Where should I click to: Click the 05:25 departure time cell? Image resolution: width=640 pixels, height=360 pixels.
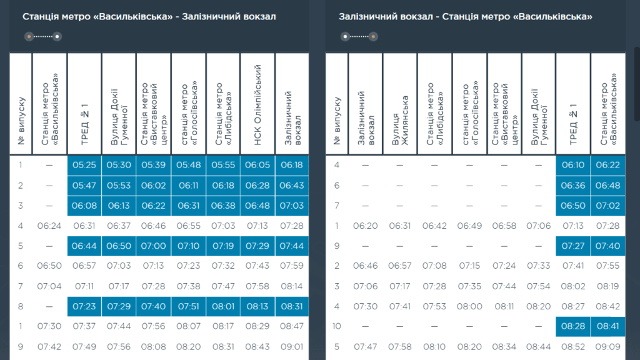click(84, 165)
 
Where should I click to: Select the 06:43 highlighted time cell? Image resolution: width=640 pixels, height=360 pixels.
click(292, 186)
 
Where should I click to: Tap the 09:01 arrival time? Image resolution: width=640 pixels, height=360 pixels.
click(292, 347)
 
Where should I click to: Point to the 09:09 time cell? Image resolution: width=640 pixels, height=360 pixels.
click(607, 347)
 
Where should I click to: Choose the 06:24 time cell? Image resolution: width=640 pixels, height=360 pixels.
click(49, 226)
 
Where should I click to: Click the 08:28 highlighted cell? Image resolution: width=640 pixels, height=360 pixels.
click(572, 326)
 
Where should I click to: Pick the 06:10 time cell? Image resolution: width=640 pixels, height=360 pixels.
click(572, 165)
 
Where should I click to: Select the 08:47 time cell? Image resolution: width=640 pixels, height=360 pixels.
click(292, 326)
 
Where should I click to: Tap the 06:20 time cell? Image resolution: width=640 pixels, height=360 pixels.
click(365, 226)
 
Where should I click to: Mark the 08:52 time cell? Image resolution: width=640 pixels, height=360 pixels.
click(572, 347)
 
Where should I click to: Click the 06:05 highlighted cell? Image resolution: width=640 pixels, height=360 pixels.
click(257, 165)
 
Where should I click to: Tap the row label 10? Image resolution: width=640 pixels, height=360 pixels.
click(336, 326)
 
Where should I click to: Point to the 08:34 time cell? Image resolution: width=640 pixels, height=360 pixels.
click(504, 347)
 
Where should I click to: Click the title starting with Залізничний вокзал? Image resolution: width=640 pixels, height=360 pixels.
click(466, 17)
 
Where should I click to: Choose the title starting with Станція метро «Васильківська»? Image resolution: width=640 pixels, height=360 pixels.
click(149, 17)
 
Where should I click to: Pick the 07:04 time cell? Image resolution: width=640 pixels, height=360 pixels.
click(49, 286)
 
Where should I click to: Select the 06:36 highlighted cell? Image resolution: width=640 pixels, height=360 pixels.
click(572, 186)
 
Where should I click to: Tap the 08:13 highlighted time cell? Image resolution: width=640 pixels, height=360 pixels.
click(257, 306)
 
